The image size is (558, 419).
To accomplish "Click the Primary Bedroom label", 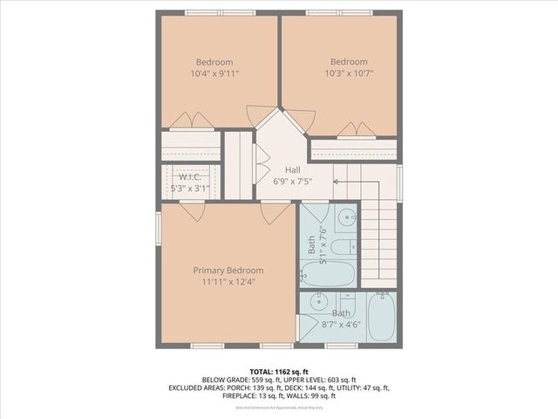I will pyautogui.click(x=228, y=271).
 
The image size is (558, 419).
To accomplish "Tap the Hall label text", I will pyautogui.click(x=293, y=171).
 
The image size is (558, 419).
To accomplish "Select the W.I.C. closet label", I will pyautogui.click(x=191, y=176).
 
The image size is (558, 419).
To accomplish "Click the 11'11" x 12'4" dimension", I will pyautogui.click(x=228, y=282).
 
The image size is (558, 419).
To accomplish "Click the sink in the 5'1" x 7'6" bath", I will pyautogui.click(x=344, y=218).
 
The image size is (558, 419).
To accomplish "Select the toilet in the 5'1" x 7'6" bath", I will pyautogui.click(x=342, y=246).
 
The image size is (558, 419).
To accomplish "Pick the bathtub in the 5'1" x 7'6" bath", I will pyautogui.click(x=329, y=274).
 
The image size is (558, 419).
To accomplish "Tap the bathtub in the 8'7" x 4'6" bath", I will pyautogui.click(x=381, y=317).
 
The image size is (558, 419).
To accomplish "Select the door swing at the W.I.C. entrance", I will pyautogui.click(x=192, y=209).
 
